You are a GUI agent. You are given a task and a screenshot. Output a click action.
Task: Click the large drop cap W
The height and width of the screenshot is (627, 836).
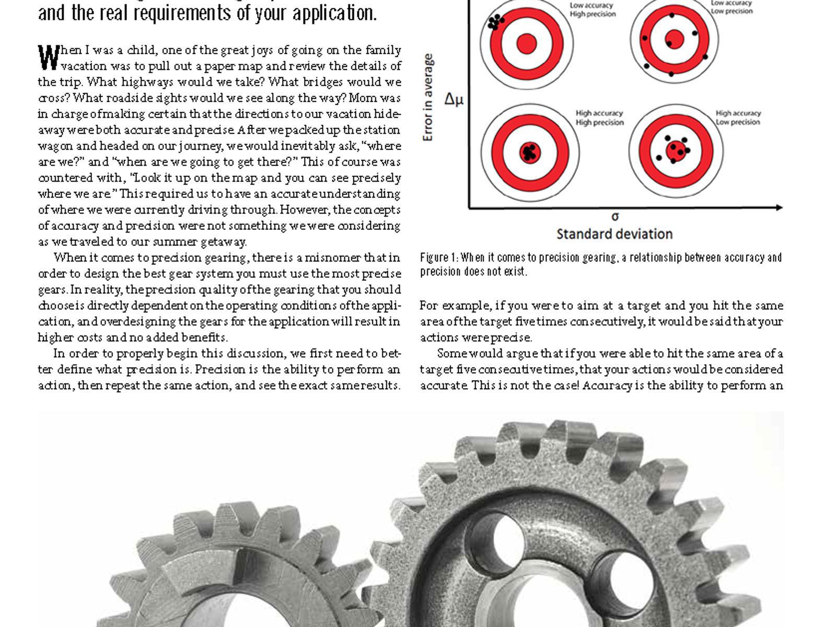(49, 57)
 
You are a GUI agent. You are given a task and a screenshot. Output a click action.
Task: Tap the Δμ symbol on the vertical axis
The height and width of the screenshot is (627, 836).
(454, 99)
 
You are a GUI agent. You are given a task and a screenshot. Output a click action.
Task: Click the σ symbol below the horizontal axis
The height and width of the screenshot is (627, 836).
(615, 216)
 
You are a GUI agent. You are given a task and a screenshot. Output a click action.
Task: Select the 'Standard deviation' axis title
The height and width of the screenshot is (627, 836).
(614, 234)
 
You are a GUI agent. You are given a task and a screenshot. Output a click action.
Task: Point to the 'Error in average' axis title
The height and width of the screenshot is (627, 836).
(428, 98)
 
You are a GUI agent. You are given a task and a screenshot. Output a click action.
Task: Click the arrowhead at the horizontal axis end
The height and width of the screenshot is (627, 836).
(779, 207)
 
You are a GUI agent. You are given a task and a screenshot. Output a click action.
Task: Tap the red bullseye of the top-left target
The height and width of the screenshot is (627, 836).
(527, 44)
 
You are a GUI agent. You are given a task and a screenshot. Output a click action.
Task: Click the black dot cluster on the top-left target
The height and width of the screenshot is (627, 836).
(495, 21)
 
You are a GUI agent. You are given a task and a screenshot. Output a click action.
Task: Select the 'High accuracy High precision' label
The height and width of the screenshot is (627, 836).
(599, 118)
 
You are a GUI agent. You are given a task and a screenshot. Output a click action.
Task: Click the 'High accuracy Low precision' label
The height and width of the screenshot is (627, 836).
(738, 118)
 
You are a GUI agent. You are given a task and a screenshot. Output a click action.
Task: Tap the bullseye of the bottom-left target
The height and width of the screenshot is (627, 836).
(530, 153)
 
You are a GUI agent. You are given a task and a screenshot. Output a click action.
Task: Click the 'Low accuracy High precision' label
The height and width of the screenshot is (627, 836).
(593, 9)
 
